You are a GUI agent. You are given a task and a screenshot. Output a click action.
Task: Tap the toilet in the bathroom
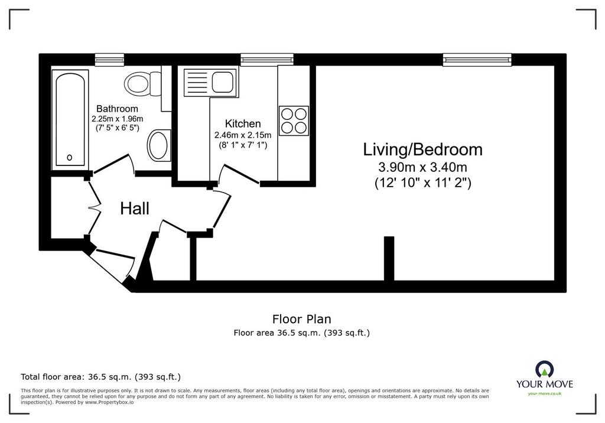coord(142,83)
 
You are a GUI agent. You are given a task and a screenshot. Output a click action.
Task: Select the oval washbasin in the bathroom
coord(158,145)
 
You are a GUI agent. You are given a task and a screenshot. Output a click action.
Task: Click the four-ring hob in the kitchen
coord(294,121)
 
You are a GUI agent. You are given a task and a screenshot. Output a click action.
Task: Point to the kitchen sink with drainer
coord(210,83)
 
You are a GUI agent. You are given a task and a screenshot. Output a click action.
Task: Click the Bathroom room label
coord(118,109)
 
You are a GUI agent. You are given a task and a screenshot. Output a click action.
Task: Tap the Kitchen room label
coord(243,124)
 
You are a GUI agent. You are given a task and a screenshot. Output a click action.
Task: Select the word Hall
coord(135,209)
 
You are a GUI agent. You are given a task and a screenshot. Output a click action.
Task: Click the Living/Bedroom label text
coord(422,149)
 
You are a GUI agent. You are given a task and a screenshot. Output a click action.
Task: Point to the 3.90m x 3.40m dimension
coord(422,167)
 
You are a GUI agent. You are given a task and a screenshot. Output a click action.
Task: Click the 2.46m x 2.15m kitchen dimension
coord(243,135)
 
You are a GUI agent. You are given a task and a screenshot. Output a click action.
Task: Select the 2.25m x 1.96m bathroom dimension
coord(118,119)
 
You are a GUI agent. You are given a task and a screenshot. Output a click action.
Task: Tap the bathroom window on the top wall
coord(109,60)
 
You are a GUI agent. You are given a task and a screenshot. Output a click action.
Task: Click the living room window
coord(477,60)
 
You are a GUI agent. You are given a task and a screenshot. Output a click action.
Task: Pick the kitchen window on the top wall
coord(267,60)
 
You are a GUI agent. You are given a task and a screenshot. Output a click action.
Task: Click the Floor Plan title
coord(302,319)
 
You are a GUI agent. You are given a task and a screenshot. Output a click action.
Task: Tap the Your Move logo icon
coord(544,369)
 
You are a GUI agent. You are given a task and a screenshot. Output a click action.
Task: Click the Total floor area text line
coord(100,377)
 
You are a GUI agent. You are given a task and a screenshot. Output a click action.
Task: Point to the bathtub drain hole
coord(70,158)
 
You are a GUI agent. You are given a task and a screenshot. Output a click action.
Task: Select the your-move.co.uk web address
coord(544,393)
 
